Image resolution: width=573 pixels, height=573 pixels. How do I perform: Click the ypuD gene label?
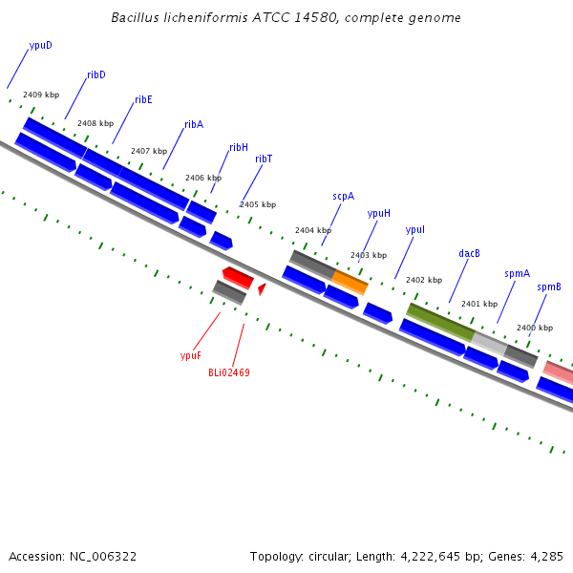40,46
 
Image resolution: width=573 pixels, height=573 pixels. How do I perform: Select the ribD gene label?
96,74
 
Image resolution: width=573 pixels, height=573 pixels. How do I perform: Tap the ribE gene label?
143,99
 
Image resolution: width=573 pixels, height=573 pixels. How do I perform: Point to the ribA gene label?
194,124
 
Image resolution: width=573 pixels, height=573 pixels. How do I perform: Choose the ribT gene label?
264,159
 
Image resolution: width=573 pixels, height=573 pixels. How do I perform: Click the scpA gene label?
344,197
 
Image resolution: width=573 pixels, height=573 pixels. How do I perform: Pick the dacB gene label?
469,253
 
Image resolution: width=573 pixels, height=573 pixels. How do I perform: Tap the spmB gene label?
549,287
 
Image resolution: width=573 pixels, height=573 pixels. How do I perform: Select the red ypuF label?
191,355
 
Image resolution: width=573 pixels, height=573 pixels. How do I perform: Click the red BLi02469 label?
229,372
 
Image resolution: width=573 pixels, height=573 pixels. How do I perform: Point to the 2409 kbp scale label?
41,95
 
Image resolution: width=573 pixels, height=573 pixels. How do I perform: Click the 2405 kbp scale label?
258,204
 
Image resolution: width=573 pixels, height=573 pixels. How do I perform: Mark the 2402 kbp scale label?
424,280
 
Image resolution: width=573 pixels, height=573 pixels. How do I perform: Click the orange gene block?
350,282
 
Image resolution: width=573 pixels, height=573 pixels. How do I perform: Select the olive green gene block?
440,323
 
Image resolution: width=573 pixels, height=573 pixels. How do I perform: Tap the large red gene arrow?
238,278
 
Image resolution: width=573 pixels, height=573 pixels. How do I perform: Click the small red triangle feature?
262,289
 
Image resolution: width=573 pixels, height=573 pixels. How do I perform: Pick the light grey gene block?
489,344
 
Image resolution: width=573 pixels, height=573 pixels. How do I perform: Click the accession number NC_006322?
103,557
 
